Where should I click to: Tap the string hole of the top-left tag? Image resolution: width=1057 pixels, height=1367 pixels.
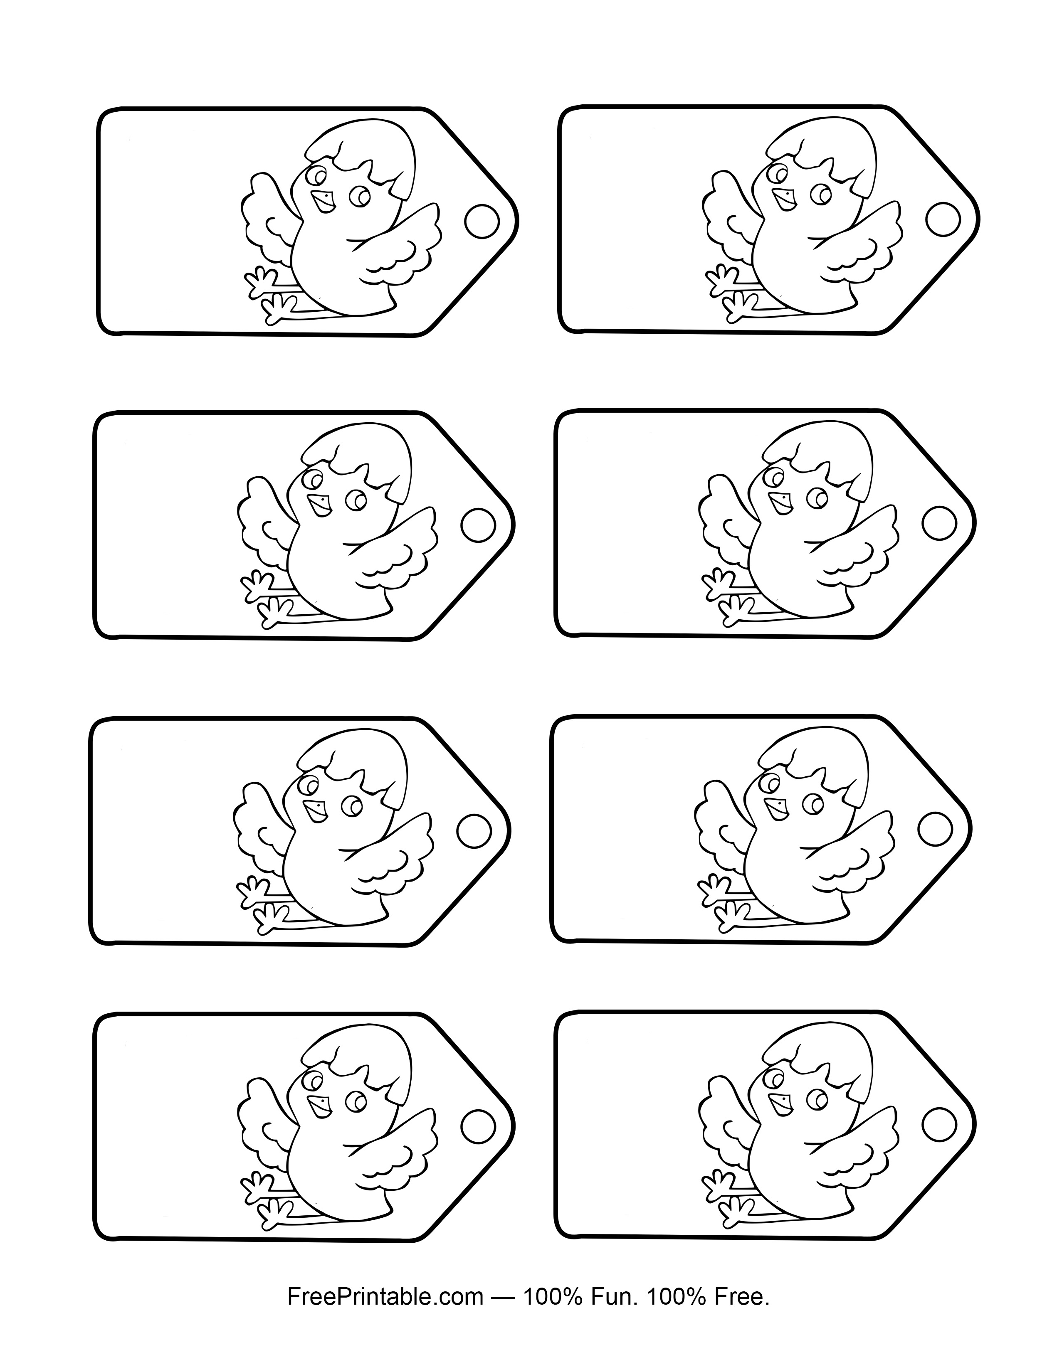click(482, 222)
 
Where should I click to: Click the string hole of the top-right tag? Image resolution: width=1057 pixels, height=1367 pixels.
click(943, 219)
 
